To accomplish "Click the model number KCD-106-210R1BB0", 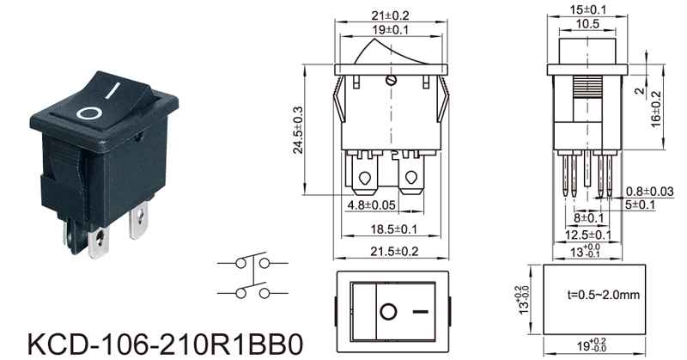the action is point(165,345).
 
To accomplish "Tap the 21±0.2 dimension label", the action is point(390,15).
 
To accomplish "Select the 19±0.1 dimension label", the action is point(390,30).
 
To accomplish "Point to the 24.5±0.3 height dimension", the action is point(298,130).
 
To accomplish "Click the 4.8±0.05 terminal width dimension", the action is point(372,204).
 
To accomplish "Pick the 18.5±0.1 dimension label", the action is point(394,229).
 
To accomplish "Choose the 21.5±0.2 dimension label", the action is point(394,251).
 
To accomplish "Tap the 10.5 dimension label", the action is point(587,24).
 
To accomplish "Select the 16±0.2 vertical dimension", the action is point(655,110).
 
